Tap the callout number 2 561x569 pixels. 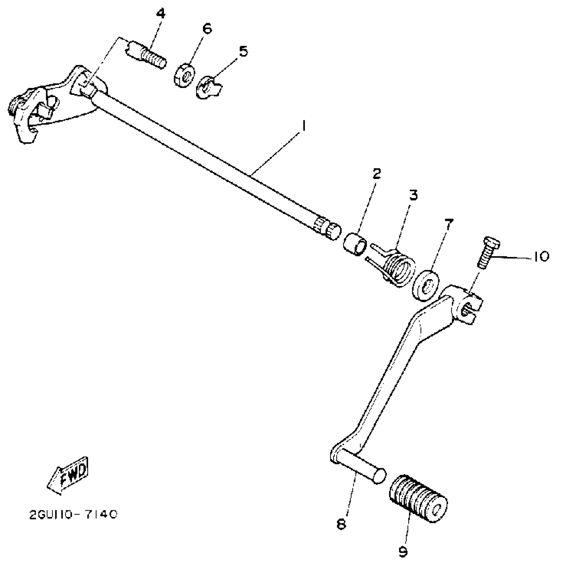(377, 174)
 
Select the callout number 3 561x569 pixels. (413, 195)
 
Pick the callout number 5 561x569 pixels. (243, 51)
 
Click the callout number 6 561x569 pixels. (207, 29)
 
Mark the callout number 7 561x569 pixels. (447, 225)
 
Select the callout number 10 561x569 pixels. (540, 257)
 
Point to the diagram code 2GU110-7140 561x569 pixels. (73, 515)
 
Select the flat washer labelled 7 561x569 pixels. (426, 285)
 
